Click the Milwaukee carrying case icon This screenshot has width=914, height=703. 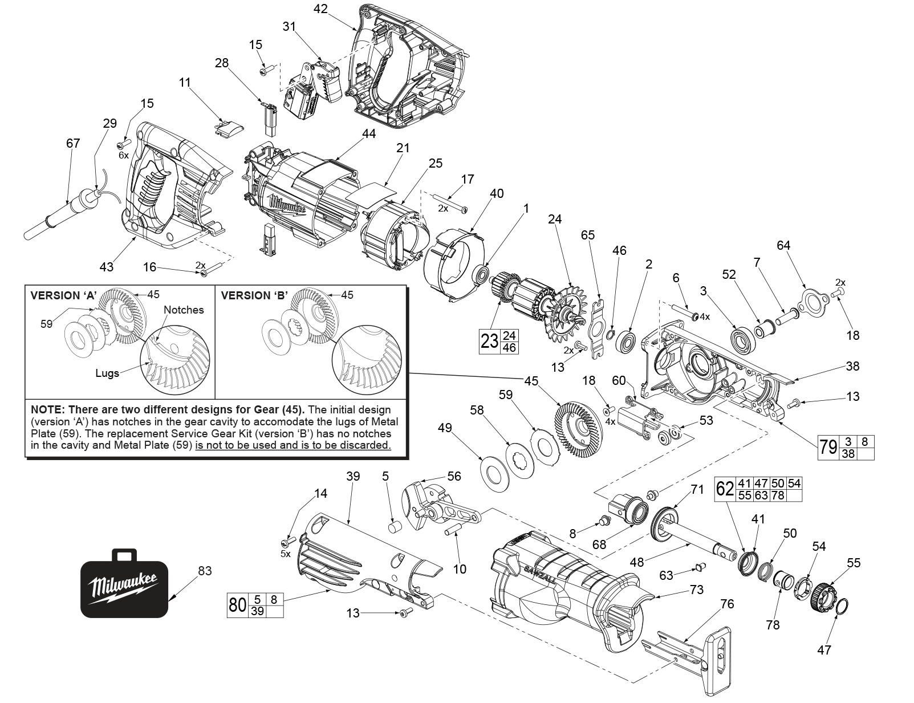click(124, 584)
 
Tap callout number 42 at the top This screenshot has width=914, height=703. click(320, 9)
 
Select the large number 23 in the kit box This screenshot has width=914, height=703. click(489, 342)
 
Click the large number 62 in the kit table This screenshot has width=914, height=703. click(725, 489)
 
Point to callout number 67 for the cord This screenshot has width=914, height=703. click(73, 143)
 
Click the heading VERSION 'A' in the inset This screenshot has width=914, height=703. click(63, 295)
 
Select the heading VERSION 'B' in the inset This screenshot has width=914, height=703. click(254, 295)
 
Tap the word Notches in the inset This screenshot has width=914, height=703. click(184, 310)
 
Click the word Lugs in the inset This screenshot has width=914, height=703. click(107, 373)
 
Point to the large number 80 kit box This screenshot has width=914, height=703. click(237, 606)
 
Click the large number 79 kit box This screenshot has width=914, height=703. click(828, 448)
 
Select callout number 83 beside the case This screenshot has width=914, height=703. click(204, 571)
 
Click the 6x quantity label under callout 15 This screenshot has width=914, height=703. click(123, 155)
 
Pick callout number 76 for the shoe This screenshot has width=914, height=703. click(727, 604)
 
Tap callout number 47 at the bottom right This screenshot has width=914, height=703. click(824, 649)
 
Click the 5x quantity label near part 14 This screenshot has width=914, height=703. click(285, 554)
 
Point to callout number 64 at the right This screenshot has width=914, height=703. click(783, 245)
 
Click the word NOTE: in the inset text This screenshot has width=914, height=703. click(47, 409)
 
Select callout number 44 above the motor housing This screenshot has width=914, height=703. click(369, 133)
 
